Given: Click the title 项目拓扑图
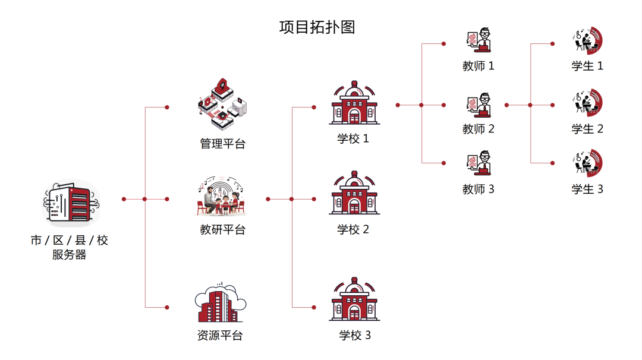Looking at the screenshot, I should coord(317,27).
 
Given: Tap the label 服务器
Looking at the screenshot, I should coord(69,255).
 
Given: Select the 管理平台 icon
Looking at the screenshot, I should coord(222,106).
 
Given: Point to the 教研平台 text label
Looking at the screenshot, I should coord(222,230).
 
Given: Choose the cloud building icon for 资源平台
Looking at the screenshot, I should coord(221,304).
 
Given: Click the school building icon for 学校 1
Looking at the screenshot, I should coord(354,104).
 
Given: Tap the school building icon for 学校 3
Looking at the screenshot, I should coord(354,300).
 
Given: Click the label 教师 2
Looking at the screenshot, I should coord(479,128).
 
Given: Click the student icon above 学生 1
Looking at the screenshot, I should coord(587,40).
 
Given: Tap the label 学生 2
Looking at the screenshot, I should coord(587,128).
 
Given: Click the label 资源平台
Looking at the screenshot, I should coord(220,335).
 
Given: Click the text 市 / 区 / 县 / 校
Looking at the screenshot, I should coord(70,241).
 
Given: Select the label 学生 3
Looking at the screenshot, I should coord(587,190).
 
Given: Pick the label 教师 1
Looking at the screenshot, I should coord(479,66).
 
